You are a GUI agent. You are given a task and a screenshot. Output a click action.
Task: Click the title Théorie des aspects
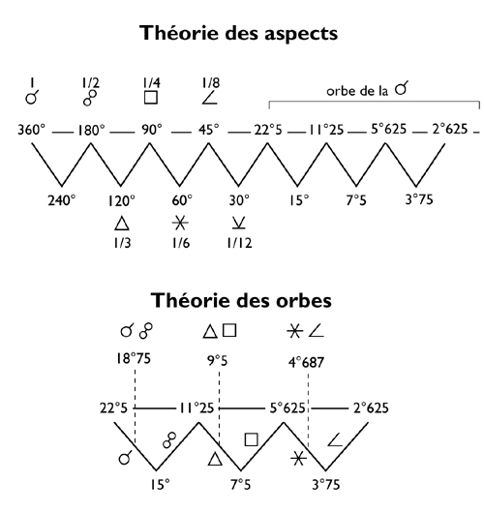click(238, 33)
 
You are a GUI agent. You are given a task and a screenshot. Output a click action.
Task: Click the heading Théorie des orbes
click(241, 300)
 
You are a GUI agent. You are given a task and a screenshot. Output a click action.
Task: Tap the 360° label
click(31, 130)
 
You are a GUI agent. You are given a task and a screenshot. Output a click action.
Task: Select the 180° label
click(91, 130)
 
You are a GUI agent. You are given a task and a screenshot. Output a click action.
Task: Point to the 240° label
click(62, 200)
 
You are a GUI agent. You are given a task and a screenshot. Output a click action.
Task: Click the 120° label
click(121, 200)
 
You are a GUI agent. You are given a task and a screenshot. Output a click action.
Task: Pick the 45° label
click(208, 130)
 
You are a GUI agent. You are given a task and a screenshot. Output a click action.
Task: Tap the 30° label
click(239, 200)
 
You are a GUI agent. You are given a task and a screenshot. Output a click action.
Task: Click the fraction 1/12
click(239, 243)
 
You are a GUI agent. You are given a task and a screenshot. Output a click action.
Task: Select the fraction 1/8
click(211, 83)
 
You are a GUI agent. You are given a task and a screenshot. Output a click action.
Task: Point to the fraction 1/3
click(122, 243)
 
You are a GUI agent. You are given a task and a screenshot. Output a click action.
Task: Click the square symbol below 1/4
click(151, 98)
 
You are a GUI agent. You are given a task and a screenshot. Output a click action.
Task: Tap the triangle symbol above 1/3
click(122, 224)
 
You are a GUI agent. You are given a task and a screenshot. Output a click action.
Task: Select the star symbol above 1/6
click(180, 224)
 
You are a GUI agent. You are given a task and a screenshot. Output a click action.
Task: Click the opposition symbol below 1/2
click(90, 98)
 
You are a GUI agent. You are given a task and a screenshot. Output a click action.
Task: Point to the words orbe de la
click(357, 91)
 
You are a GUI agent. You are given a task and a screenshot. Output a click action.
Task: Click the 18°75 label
click(134, 358)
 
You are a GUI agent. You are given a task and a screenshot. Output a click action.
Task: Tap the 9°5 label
click(217, 361)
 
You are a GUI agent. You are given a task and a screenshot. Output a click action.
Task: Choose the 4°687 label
click(306, 362)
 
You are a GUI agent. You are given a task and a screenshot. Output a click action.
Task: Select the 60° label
click(182, 200)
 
